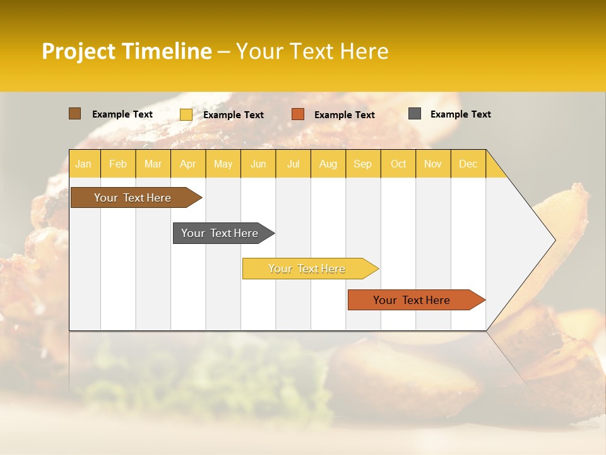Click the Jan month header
(x=83, y=164)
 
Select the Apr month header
(x=187, y=164)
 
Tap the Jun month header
(x=258, y=164)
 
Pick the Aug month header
(x=328, y=164)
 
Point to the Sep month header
(x=362, y=164)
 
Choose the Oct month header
(x=398, y=164)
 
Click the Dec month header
(x=468, y=164)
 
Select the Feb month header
(x=118, y=164)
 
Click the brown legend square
(x=75, y=114)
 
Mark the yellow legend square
(x=186, y=114)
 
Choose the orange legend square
(x=298, y=114)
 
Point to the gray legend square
(x=415, y=114)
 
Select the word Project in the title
(x=80, y=51)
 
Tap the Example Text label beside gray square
(x=460, y=114)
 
